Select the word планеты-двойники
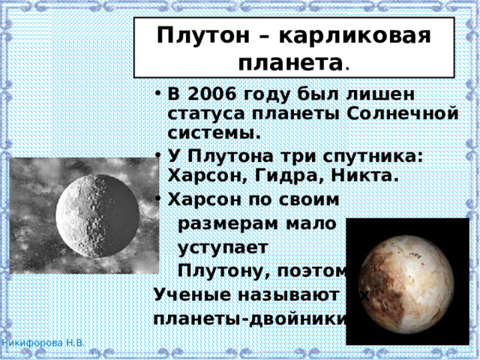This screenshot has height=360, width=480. tap(247, 317)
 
